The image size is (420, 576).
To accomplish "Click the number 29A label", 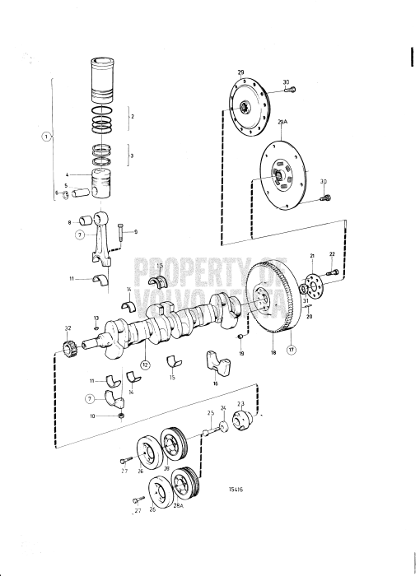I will click(x=282, y=122).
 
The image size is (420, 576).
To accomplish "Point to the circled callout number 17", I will click(x=291, y=349).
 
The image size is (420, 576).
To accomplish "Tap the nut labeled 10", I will click(x=121, y=415).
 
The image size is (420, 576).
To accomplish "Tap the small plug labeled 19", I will click(x=241, y=338).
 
